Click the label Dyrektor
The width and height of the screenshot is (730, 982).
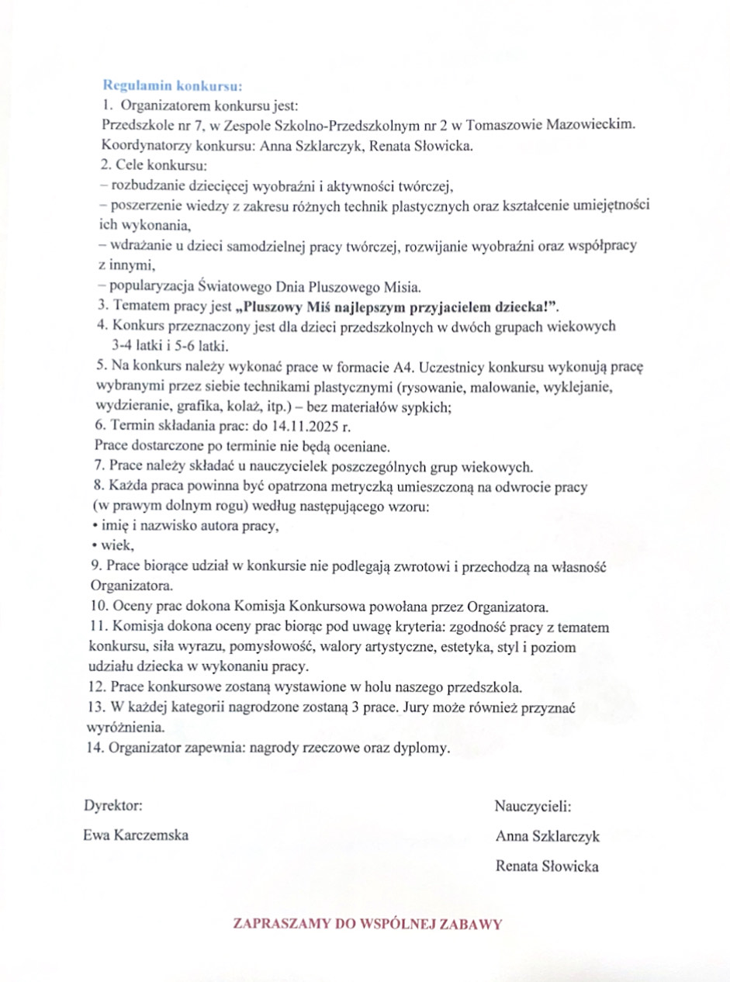point(113,806)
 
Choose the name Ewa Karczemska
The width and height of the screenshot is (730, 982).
point(136,835)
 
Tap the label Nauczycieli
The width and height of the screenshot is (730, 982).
point(533,806)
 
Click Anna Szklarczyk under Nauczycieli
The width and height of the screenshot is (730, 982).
point(547,836)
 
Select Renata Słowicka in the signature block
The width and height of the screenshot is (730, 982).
point(547,866)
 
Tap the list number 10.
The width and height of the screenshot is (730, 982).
point(96,605)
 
